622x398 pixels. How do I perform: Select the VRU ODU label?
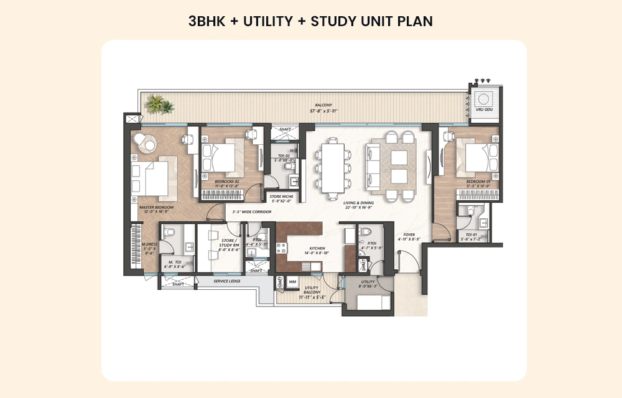483,109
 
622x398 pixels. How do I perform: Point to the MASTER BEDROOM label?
156,206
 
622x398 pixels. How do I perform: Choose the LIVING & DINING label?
360,203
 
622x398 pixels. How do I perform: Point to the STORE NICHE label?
282,197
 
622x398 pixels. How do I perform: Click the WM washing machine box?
292,282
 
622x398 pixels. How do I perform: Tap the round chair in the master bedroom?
149,144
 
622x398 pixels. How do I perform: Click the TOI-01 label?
471,235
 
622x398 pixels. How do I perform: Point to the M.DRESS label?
149,244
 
